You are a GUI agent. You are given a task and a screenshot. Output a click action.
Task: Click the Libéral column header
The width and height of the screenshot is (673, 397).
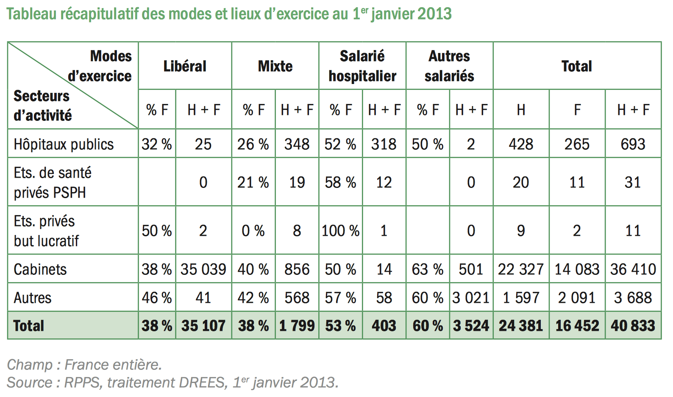click(185, 66)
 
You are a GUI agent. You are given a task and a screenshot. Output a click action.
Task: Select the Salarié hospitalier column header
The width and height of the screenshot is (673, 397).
click(362, 66)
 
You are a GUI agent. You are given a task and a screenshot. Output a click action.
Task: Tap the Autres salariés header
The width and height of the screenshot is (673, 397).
click(449, 66)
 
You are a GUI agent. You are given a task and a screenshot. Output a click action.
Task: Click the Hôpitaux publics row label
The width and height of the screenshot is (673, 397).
click(64, 144)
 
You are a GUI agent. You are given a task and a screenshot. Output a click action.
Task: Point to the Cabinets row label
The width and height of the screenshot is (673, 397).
click(40, 269)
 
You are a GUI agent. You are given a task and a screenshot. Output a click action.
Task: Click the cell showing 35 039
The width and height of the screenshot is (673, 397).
click(203, 269)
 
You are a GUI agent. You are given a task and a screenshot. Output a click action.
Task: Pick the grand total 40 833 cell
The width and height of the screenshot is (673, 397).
click(633, 326)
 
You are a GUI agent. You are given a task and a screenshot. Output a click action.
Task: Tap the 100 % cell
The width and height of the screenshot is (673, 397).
click(340, 231)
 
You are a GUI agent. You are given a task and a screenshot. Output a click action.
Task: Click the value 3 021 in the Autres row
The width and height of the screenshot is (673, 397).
click(471, 298)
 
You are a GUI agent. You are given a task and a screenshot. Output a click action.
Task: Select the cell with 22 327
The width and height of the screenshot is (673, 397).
click(521, 269)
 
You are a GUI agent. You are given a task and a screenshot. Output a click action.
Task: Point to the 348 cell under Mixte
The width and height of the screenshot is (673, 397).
click(297, 144)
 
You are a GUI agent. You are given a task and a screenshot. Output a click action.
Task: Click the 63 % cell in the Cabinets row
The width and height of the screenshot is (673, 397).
click(427, 269)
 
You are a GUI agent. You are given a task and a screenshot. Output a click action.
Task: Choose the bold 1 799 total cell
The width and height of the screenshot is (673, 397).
click(297, 326)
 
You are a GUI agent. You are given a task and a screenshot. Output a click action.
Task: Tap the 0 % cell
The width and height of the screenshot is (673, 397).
click(253, 231)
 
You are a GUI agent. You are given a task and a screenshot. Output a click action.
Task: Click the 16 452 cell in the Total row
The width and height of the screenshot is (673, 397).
click(577, 326)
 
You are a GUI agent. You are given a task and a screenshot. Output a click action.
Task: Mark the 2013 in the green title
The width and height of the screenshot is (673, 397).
click(435, 14)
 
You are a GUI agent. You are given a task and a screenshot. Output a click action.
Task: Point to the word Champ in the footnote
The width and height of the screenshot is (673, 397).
click(30, 365)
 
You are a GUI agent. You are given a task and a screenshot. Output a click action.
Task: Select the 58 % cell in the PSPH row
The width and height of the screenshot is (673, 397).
click(340, 182)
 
